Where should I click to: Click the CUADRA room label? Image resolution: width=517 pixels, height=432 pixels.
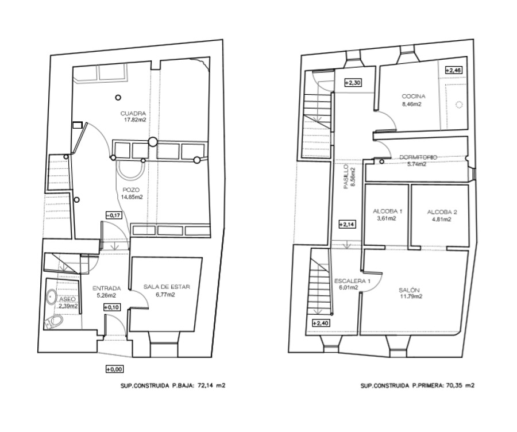[133, 113]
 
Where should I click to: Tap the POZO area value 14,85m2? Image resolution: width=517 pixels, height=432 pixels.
[132, 197]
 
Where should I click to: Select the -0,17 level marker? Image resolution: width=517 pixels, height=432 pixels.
[114, 215]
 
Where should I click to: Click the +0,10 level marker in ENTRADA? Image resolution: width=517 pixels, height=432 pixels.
[112, 307]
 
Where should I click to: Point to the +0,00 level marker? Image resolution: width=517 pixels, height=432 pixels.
[114, 369]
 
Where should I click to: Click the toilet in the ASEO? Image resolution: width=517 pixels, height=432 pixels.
[53, 322]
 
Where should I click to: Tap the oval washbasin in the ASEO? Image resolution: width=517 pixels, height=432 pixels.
[52, 297]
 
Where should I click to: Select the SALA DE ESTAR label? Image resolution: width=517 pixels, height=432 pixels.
[167, 287]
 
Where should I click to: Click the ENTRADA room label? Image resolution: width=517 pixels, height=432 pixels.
[106, 288]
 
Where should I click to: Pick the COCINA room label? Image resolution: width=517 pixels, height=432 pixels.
[414, 97]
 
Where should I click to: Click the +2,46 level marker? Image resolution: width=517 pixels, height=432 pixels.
[453, 70]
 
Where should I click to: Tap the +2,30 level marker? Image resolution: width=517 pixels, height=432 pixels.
[353, 83]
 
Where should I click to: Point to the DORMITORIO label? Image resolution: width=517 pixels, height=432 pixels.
[418, 157]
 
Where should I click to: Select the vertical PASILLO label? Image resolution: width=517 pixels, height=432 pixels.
[346, 176]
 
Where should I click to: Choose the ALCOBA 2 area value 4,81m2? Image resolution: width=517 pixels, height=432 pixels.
[441, 219]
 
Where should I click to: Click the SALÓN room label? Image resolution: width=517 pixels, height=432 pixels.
[409, 290]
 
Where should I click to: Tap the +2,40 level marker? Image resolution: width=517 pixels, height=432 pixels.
[321, 323]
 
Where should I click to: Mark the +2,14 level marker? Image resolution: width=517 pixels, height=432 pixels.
[347, 225]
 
